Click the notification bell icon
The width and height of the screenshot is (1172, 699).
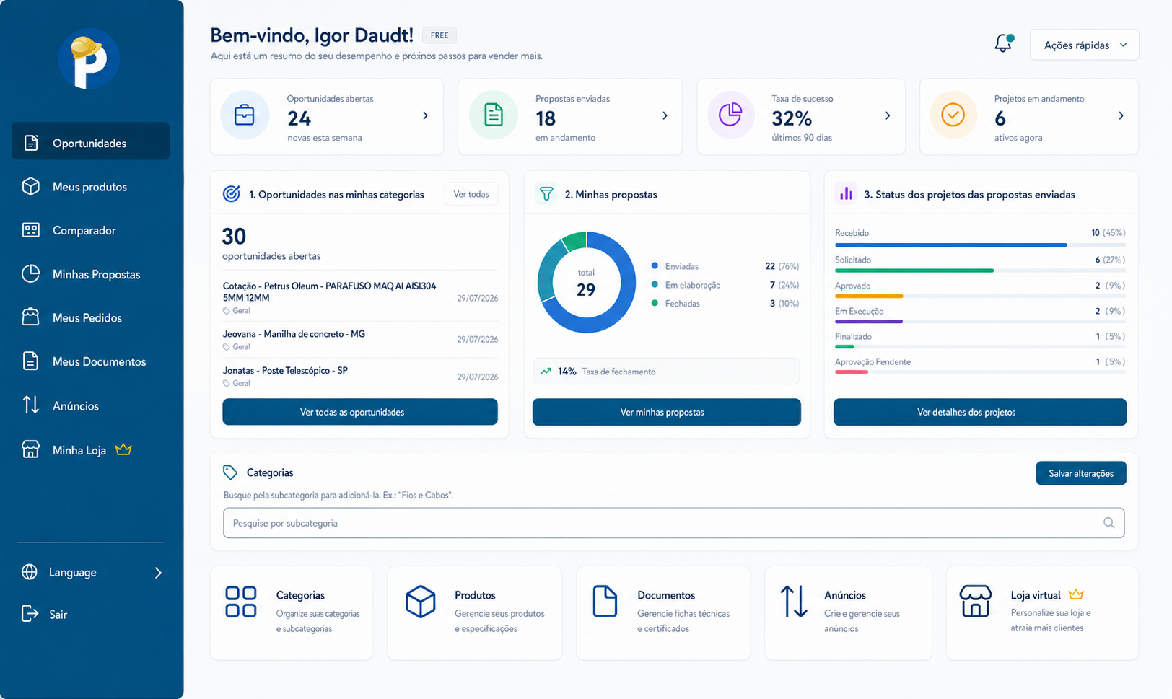tap(1003, 43)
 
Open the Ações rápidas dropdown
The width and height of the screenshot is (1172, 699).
tap(1084, 45)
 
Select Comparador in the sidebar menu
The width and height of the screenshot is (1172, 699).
tap(84, 230)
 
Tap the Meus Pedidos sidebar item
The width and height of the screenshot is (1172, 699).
tap(87, 317)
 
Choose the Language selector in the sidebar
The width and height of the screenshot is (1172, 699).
tap(92, 572)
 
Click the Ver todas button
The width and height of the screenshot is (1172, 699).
tap(471, 194)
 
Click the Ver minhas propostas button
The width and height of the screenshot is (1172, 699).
tap(667, 412)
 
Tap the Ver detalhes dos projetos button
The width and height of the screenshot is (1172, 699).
tap(980, 412)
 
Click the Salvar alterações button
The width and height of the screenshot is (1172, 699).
tap(1081, 473)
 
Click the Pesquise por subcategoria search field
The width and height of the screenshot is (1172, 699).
tap(673, 523)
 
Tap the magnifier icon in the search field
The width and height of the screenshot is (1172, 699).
tap(1108, 523)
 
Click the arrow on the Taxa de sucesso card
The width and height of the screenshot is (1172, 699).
tap(888, 115)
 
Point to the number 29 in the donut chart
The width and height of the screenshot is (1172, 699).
tap(586, 290)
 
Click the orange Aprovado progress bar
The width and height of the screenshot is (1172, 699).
tap(869, 296)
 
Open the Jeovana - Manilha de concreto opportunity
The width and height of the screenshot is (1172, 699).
tap(294, 333)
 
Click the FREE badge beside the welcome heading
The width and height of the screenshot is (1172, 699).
tap(439, 35)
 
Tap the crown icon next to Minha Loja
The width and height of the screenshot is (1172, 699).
tap(123, 449)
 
